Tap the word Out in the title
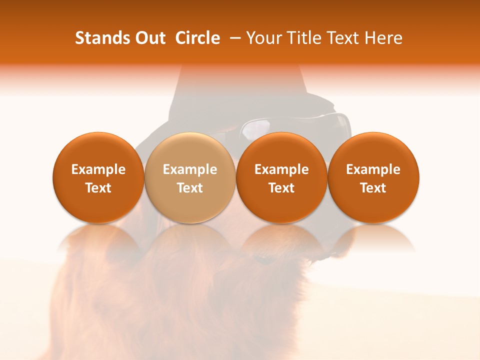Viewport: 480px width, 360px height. point(149,38)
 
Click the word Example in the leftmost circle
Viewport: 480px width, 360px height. point(98,169)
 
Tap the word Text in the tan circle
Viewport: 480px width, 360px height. point(190,188)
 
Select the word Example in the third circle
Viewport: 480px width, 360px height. point(281,169)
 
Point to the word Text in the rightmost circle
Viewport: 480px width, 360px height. point(373,188)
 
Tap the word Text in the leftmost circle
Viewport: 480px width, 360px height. point(98,188)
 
